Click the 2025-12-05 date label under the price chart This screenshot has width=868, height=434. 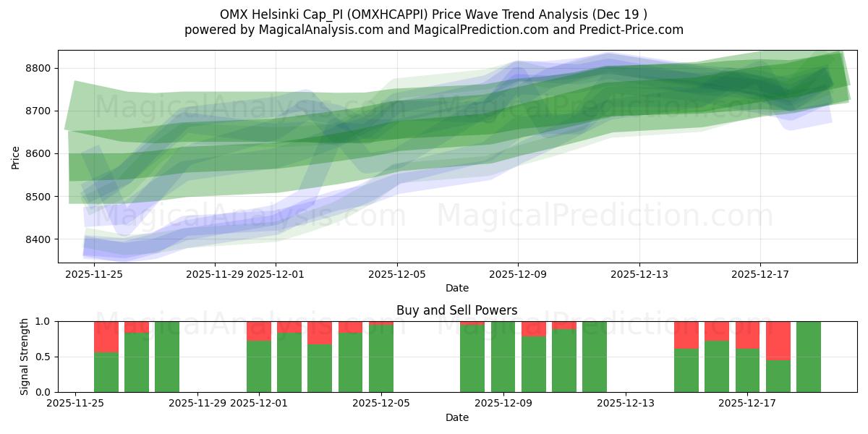(396, 274)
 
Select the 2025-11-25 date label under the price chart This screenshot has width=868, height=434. (94, 274)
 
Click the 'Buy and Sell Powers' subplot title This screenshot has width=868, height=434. (456, 310)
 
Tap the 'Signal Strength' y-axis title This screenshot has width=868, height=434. (24, 357)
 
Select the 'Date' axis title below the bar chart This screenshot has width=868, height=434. (456, 417)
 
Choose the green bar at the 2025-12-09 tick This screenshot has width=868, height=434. (503, 357)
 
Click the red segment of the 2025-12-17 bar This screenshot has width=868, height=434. (747, 335)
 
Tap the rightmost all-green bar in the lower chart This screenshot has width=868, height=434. (808, 357)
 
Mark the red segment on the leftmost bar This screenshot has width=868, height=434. (106, 336)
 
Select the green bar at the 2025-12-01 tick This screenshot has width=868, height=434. (259, 366)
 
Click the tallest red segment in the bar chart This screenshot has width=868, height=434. (778, 340)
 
